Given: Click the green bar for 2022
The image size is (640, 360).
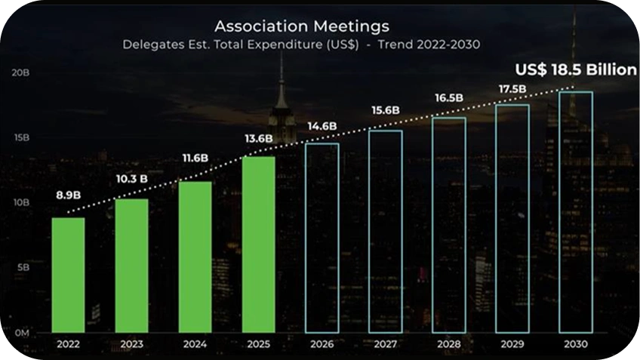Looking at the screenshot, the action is (x=68, y=275).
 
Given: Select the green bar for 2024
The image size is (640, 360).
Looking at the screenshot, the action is (x=195, y=257).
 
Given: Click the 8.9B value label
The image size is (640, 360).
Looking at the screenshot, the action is (x=68, y=195).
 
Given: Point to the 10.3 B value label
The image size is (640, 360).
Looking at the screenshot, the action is (x=132, y=179).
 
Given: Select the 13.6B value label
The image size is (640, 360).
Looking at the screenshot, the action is (x=259, y=139).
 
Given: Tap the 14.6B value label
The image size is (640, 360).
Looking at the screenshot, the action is (x=322, y=126).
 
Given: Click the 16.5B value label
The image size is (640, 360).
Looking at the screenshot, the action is (x=449, y=98).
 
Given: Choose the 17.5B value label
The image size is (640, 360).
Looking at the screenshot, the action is (x=512, y=88).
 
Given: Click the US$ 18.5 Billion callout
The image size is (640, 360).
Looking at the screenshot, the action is (x=576, y=69).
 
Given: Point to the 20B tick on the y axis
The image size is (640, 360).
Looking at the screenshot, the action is (x=20, y=72).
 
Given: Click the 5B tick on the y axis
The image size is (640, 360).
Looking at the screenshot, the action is (x=23, y=267).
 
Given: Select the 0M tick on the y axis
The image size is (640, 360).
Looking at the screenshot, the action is (x=22, y=333).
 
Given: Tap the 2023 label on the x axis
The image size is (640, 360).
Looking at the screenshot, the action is (x=132, y=344).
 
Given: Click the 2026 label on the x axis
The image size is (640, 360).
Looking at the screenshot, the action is (x=322, y=344).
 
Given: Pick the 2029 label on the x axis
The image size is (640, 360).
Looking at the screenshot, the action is (x=512, y=344).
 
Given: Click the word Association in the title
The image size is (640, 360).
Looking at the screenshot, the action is (x=261, y=26).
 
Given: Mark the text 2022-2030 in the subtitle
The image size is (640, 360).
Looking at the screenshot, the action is (x=448, y=44).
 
